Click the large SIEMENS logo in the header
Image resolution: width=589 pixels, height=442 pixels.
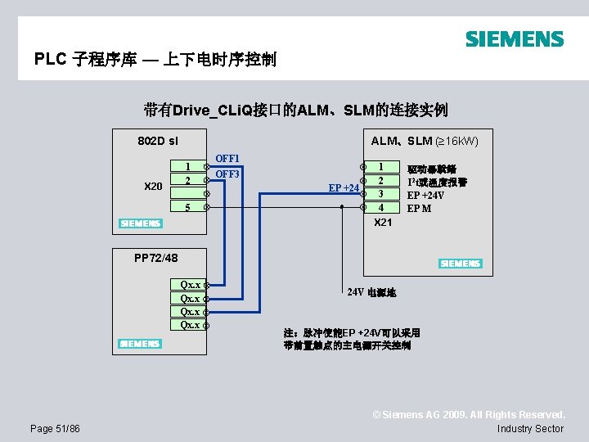click(x=514, y=38)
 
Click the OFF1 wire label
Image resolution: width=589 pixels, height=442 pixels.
click(x=227, y=158)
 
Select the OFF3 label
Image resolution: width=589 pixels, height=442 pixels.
click(x=227, y=174)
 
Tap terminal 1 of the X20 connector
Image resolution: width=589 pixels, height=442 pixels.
click(x=188, y=166)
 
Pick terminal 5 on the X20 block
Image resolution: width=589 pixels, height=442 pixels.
click(x=188, y=208)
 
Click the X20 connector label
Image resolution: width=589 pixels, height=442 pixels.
click(x=153, y=187)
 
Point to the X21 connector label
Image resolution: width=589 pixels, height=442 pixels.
click(x=383, y=223)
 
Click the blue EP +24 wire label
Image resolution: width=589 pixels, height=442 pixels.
click(x=344, y=188)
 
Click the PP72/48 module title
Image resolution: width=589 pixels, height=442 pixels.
click(x=155, y=258)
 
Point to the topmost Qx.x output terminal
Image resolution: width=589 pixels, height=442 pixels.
click(x=190, y=285)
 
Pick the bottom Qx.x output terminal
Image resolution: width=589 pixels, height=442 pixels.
click(x=190, y=325)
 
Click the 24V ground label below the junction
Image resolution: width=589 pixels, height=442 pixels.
click(x=371, y=292)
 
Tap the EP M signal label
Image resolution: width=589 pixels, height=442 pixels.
click(x=419, y=208)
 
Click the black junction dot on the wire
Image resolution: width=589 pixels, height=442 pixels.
click(x=342, y=208)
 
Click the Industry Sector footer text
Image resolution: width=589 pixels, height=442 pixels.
click(x=530, y=428)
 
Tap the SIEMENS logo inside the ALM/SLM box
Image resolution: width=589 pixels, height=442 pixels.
click(x=460, y=264)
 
